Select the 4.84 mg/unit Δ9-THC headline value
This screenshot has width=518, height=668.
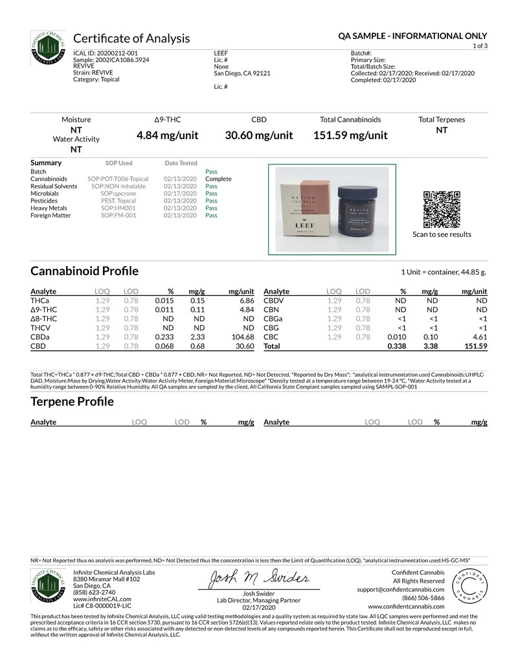tap(167, 135)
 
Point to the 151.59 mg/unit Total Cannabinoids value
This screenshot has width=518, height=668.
tap(350, 135)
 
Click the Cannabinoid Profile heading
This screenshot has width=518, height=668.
tap(84, 271)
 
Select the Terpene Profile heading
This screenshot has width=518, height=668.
tap(72, 401)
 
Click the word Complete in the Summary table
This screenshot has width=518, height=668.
tap(218, 179)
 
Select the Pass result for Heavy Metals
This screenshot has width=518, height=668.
tap(211, 208)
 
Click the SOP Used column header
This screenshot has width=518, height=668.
tap(118, 163)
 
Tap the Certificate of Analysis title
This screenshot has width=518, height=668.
tap(131, 38)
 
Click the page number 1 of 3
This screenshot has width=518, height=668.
tap(480, 47)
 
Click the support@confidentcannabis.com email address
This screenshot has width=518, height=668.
tap(400, 590)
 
